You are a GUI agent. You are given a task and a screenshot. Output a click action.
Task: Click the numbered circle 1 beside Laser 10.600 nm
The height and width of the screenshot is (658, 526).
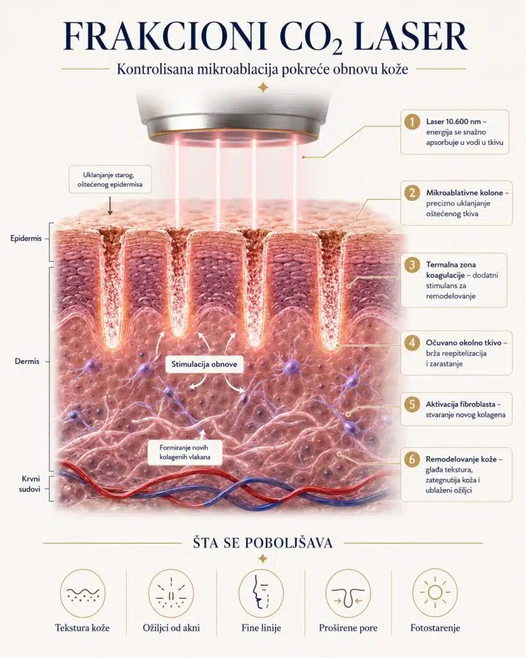click(412, 121)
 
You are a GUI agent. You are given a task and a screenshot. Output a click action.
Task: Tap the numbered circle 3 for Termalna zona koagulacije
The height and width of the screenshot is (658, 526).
click(412, 265)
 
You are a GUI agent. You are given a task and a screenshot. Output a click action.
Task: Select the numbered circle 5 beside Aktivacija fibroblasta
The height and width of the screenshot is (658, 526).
click(412, 404)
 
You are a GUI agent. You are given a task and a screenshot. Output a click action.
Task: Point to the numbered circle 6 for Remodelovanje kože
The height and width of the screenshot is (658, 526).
click(412, 459)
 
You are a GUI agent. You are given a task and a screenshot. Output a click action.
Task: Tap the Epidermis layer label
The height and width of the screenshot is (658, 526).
click(26, 238)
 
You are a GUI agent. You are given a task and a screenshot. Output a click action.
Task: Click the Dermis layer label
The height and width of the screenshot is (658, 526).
click(27, 361)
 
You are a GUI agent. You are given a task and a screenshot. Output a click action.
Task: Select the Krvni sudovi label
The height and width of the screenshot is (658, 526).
click(30, 484)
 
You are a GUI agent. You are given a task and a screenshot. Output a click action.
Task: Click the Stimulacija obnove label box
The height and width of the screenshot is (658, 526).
click(204, 364)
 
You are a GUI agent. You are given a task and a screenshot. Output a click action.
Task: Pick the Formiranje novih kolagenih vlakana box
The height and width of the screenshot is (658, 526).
click(185, 452)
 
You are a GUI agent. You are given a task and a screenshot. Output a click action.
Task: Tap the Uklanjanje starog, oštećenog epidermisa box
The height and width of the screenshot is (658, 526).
click(110, 180)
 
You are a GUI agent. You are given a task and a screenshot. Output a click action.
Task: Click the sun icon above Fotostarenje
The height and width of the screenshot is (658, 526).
click(435, 592)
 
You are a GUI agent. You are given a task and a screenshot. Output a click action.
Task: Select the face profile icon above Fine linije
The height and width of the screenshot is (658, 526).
click(261, 592)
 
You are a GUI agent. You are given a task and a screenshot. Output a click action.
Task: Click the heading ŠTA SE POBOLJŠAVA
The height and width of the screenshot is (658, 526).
click(263, 543)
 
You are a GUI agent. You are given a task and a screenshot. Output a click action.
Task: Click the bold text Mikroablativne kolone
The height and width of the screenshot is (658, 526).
click(464, 193)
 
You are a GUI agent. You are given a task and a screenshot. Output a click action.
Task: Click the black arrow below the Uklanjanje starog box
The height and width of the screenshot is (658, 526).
click(110, 205)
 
